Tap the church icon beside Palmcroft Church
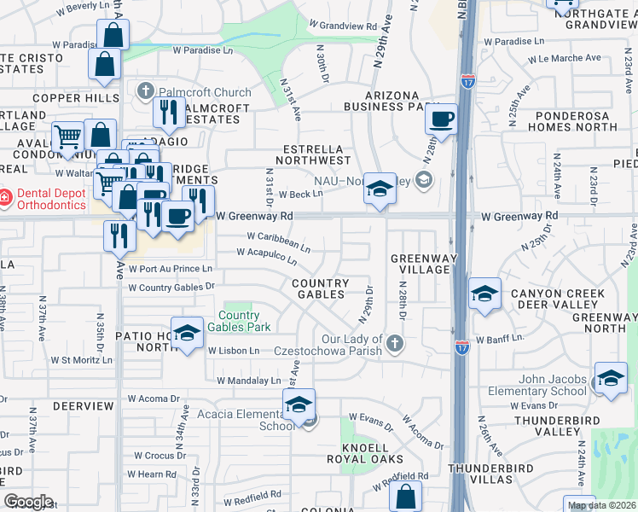click(x=146, y=90)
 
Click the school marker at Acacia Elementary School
click(x=299, y=404)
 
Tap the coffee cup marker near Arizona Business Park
click(x=441, y=119)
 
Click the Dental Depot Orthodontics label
click(x=51, y=199)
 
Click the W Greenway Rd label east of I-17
click(x=519, y=217)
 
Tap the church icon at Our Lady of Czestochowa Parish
click(x=393, y=344)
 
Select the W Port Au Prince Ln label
click(x=171, y=269)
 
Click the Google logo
click(x=28, y=502)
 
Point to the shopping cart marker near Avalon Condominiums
click(x=67, y=137)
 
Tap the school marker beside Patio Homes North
click(x=187, y=333)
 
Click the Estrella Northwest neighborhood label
click(x=316, y=154)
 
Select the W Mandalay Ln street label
click(x=248, y=381)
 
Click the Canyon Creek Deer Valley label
click(x=558, y=300)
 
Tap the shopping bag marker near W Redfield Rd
click(x=407, y=497)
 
